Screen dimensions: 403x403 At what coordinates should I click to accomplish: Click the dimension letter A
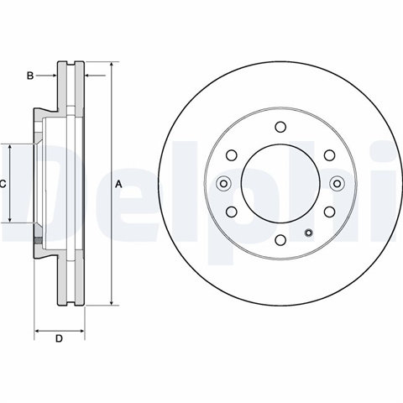(x=119, y=185)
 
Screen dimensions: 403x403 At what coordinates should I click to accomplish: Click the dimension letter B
(x=30, y=76)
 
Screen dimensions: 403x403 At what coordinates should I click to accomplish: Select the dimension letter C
(x=3, y=185)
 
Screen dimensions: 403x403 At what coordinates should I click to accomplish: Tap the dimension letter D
(x=59, y=338)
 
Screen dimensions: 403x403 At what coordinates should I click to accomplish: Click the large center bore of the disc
(x=280, y=184)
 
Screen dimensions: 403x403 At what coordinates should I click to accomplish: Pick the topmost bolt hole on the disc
(x=280, y=127)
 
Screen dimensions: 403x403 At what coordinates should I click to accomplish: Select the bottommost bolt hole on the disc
(x=280, y=240)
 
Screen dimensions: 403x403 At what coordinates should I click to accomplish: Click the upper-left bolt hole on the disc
(x=232, y=155)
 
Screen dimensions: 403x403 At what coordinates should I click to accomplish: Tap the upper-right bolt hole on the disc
(x=329, y=155)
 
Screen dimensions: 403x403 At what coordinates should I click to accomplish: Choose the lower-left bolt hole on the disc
(x=232, y=212)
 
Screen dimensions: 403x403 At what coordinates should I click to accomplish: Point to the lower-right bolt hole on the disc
(x=329, y=212)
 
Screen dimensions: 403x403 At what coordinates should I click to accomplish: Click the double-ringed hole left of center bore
(x=223, y=184)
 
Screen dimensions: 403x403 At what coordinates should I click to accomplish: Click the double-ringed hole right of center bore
(x=338, y=184)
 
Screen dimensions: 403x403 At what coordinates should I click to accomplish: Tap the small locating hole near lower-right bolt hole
(x=309, y=233)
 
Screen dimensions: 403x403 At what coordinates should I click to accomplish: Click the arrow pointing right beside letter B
(x=46, y=76)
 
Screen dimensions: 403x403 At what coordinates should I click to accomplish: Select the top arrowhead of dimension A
(x=112, y=65)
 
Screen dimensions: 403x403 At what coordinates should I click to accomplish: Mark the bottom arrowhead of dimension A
(x=112, y=302)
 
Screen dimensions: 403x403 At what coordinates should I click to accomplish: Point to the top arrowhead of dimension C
(x=10, y=148)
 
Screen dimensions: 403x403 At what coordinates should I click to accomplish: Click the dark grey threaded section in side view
(x=38, y=240)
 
